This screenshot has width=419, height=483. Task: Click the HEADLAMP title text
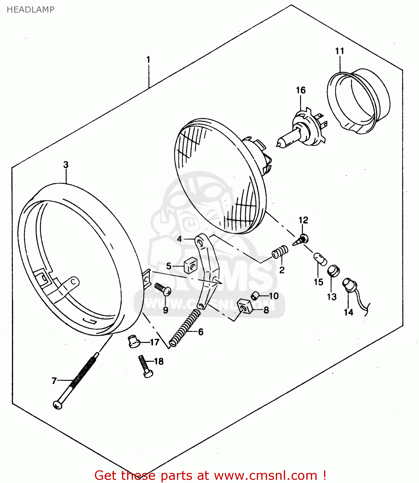click(31, 10)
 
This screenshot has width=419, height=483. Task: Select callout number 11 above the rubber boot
click(340, 51)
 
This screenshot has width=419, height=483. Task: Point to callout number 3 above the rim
click(66, 165)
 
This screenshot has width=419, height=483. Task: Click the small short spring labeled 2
click(280, 251)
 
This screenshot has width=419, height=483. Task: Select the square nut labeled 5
click(190, 266)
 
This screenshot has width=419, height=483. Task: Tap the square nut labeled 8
click(244, 306)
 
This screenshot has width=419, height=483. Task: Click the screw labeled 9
click(163, 289)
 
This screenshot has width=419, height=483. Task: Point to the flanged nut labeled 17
click(133, 341)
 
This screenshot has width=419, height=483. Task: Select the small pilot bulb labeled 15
click(320, 258)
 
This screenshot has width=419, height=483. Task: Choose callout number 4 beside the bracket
click(179, 239)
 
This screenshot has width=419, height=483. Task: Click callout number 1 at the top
click(148, 60)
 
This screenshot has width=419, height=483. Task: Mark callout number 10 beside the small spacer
click(274, 296)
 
